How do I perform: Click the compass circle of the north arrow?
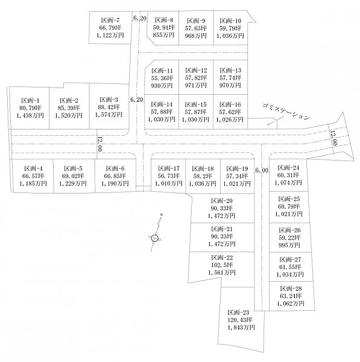[x=155, y=238]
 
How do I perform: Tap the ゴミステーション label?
[x=286, y=112]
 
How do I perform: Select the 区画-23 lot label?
[x=238, y=313]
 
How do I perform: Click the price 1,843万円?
[x=241, y=328]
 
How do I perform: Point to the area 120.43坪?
[x=240, y=320]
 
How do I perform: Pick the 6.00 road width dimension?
[x=262, y=170]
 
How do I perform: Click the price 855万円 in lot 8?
[x=163, y=35]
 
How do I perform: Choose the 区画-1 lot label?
[x=30, y=100]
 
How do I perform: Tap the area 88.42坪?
[x=109, y=107]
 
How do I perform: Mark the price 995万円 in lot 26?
[x=289, y=245]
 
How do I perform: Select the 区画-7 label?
[x=110, y=20]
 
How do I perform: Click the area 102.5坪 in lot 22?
[x=222, y=265]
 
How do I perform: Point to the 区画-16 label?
[x=230, y=104]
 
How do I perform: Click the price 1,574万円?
[x=109, y=115]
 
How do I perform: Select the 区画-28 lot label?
[x=291, y=288]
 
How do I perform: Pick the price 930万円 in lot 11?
[x=162, y=86]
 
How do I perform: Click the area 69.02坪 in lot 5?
[x=73, y=176]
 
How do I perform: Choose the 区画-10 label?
[x=230, y=21]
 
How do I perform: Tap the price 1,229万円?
[x=73, y=183]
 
